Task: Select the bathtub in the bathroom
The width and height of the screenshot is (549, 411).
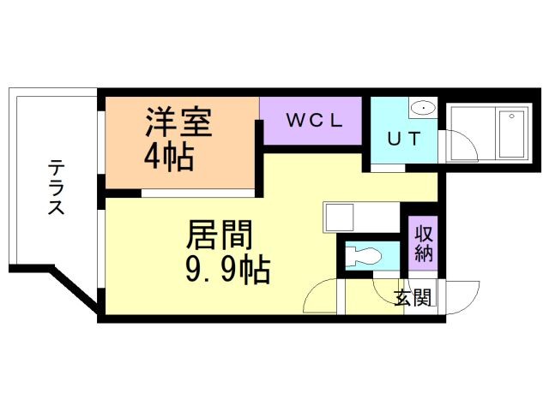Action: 510,134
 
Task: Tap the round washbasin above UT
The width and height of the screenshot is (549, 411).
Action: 422,108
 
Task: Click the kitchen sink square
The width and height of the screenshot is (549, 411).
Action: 335,217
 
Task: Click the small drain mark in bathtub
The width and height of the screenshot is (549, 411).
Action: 512,116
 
